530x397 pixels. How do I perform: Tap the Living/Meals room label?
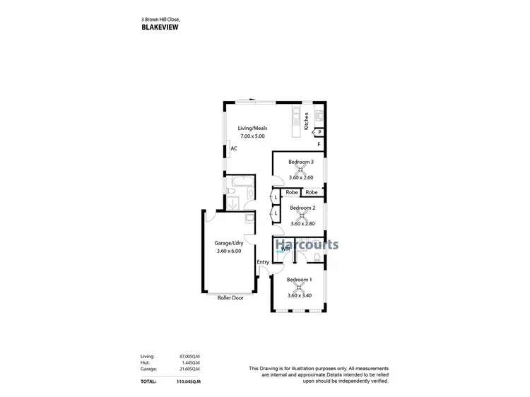[x=252, y=127]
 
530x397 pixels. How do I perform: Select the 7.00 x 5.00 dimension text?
[x=252, y=136]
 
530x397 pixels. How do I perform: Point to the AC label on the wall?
[x=234, y=148]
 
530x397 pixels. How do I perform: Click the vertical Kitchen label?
[x=306, y=122]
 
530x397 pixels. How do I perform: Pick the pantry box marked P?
[x=319, y=132]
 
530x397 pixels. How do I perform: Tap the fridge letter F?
[x=319, y=145]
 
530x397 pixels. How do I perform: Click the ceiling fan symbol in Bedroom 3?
[x=301, y=170]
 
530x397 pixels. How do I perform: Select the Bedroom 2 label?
[x=302, y=208]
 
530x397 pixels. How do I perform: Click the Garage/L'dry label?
[x=228, y=243]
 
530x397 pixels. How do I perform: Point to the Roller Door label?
[x=230, y=298]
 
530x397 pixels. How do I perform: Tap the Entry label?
[x=263, y=263]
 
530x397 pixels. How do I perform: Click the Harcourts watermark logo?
[x=307, y=246]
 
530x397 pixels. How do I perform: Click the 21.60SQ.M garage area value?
[x=191, y=369]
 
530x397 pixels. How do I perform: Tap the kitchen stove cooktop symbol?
[x=319, y=117]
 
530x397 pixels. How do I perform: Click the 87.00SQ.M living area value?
[x=191, y=357]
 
